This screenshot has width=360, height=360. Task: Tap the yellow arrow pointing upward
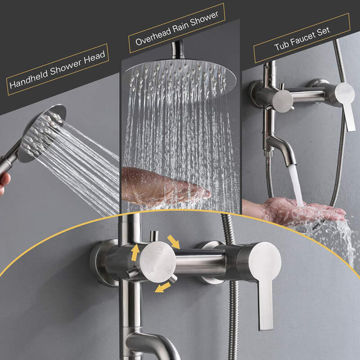click(x=135, y=252)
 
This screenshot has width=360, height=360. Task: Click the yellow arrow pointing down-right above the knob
click(x=173, y=242)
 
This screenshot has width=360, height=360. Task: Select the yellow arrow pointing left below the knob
click(x=162, y=287)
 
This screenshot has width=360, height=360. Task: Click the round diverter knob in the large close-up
click(x=158, y=262)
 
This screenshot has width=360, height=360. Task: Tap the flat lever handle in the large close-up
click(x=265, y=283)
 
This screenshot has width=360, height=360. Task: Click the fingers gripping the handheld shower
click(x=4, y=183)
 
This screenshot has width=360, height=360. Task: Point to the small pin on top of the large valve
click(x=154, y=236)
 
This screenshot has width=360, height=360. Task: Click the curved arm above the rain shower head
click(x=177, y=49)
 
